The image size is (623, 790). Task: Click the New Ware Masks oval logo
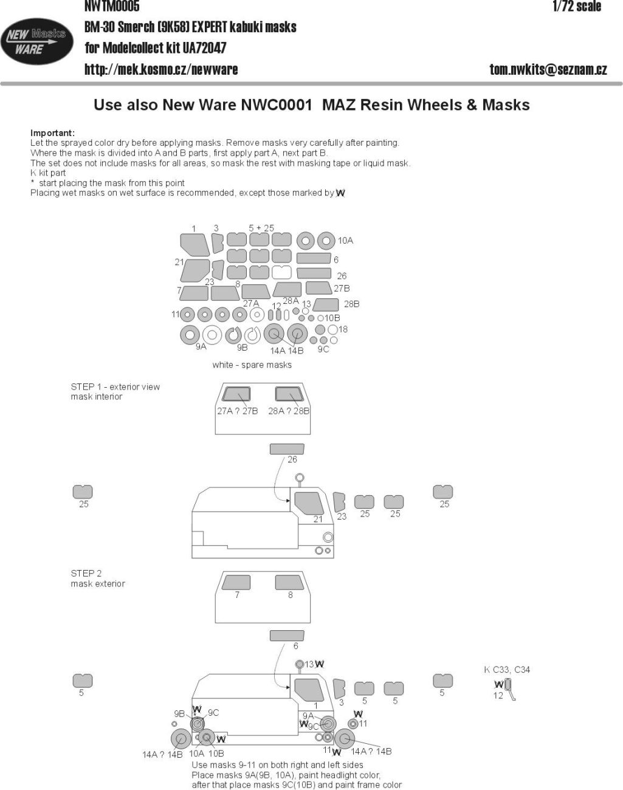click(x=36, y=42)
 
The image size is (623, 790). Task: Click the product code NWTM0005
click(x=112, y=7)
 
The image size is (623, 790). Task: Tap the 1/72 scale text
click(x=576, y=7)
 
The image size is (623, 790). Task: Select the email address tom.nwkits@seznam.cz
click(x=548, y=69)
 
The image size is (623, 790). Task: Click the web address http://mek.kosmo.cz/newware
click(x=161, y=69)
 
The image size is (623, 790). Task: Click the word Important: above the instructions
click(x=52, y=132)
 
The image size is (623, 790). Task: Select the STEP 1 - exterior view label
click(x=115, y=386)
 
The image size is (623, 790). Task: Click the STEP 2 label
click(x=86, y=573)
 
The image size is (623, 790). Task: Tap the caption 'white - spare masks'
click(x=252, y=365)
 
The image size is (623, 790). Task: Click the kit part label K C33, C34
click(x=507, y=670)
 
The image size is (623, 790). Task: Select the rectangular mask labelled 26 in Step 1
click(x=286, y=449)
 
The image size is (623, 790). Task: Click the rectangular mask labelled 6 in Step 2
click(x=286, y=636)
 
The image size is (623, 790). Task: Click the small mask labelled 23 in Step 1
click(x=339, y=502)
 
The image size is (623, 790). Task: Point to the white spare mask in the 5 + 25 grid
click(x=281, y=272)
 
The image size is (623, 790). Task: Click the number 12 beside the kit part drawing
click(x=498, y=696)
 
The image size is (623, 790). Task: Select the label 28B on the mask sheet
click(x=351, y=304)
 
